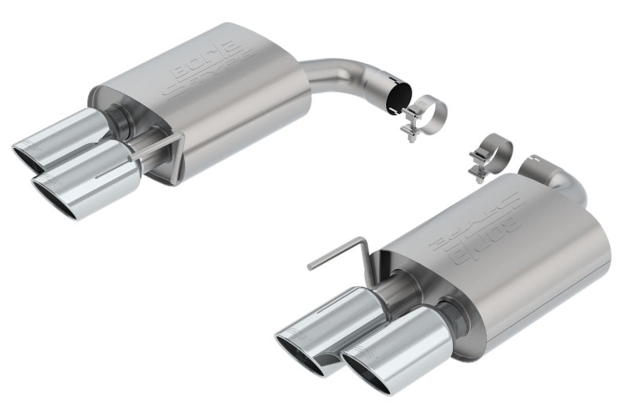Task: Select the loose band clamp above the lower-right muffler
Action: [x=492, y=154]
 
